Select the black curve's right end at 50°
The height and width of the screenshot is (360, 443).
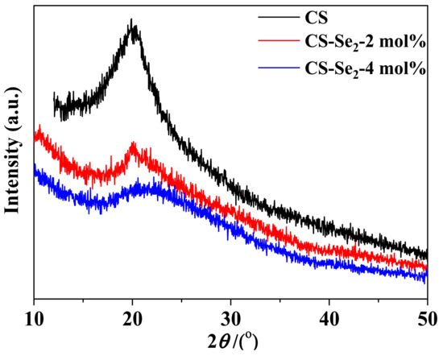[x=426, y=254]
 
